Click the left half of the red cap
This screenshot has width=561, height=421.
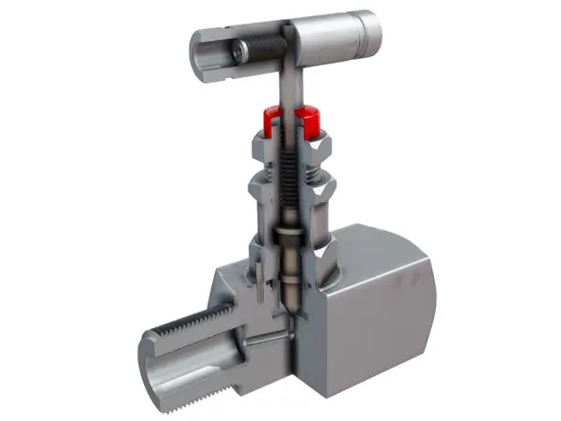click(273, 120)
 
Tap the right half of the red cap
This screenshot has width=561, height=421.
click(309, 121)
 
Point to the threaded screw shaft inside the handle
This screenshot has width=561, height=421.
click(266, 44)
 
